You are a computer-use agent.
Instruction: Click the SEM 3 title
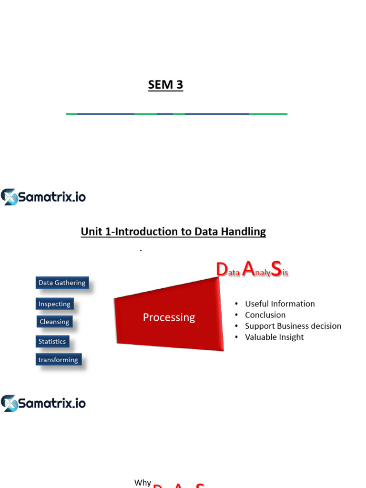[165, 85]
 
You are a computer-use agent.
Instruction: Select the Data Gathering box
[62, 283]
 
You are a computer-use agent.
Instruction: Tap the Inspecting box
[54, 304]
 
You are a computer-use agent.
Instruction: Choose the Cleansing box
[54, 322]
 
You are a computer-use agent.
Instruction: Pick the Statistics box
[52, 341]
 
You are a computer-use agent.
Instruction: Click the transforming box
[58, 360]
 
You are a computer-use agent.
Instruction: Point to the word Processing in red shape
[169, 317]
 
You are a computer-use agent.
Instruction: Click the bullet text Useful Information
[280, 304]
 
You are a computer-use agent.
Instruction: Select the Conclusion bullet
[265, 315]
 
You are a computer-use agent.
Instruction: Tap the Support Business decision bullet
[293, 326]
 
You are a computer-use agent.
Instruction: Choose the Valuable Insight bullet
[274, 337]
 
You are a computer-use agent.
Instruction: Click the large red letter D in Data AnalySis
[221, 270]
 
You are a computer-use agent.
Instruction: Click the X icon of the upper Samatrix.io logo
[9, 197]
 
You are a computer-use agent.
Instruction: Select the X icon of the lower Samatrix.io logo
[9, 403]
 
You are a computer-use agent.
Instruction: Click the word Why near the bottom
[142, 483]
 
